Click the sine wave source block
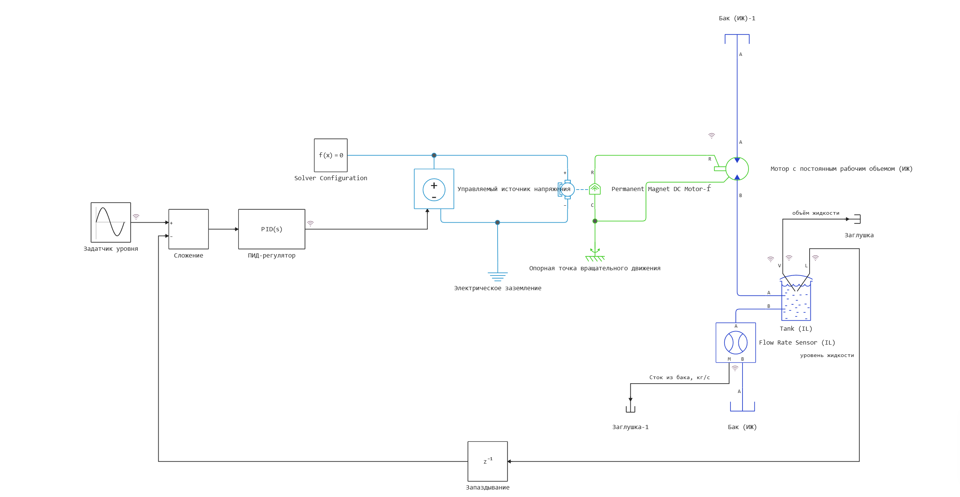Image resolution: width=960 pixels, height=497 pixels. point(111,222)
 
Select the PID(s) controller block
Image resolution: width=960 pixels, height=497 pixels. point(271,229)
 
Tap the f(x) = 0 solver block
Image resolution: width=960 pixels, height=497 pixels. point(330,155)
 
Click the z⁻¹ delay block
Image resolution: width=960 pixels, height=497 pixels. point(487,461)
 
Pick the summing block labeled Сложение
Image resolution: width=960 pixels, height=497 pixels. point(188,229)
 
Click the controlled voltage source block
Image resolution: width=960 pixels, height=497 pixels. point(434,189)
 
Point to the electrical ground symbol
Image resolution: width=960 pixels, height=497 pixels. point(498,276)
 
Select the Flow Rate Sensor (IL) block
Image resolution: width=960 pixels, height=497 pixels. point(735,342)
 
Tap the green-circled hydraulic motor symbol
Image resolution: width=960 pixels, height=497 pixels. point(737,169)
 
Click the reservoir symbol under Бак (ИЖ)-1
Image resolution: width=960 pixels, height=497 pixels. point(737,38)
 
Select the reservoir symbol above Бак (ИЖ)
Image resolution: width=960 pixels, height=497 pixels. point(742,407)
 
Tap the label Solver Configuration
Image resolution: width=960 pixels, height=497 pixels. point(330,178)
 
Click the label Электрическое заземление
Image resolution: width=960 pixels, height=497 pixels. point(497,288)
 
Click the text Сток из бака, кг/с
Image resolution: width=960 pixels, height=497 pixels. point(679,377)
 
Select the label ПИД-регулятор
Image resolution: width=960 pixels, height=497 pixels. point(271,255)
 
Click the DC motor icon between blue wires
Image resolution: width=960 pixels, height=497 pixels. point(567,189)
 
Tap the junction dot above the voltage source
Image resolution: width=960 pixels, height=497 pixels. point(434,155)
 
